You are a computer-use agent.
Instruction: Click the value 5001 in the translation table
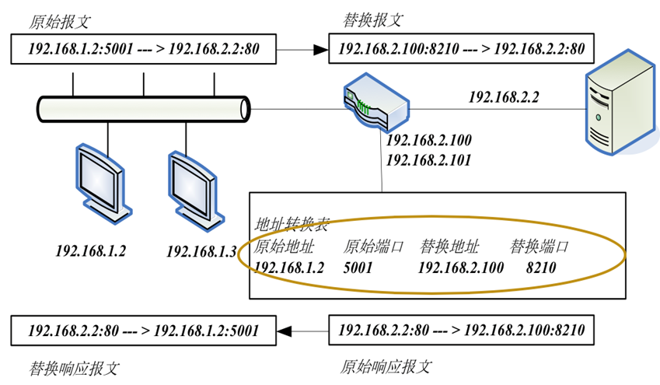click(358, 268)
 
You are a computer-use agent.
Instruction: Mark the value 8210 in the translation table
click(541, 268)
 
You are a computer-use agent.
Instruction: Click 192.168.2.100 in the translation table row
click(460, 268)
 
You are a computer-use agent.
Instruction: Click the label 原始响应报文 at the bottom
click(386, 366)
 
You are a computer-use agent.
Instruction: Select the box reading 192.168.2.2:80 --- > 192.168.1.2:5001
click(143, 331)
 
